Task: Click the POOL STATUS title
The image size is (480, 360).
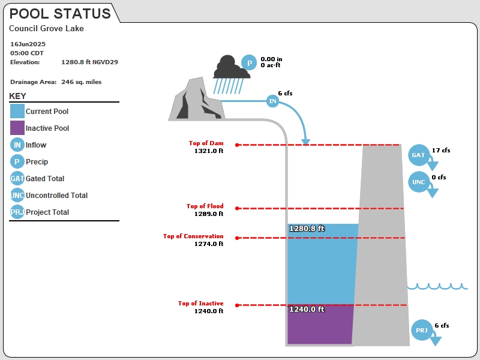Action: tap(60, 14)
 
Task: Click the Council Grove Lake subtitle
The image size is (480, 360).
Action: tap(46, 28)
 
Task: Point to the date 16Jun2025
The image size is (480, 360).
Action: tap(28, 44)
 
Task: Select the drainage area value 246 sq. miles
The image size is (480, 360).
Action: tap(82, 82)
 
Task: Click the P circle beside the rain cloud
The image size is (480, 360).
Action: tap(249, 62)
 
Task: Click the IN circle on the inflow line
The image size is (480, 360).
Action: tap(272, 101)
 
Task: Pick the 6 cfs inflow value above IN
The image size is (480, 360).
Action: tap(286, 94)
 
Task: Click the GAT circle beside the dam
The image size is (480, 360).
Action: tap(418, 155)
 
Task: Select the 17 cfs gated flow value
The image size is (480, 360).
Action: tap(441, 151)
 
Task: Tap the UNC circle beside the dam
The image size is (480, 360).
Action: tap(418, 182)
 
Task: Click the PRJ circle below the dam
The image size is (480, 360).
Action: tap(422, 330)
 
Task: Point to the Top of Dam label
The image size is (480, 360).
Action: tap(206, 143)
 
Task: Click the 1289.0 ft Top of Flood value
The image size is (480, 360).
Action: tap(209, 214)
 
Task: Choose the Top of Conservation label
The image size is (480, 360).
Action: tap(193, 236)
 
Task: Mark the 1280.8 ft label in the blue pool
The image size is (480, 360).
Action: tap(307, 229)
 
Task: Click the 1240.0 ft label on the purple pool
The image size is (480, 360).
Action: tap(307, 309)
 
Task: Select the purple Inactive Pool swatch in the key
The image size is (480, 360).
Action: tap(17, 128)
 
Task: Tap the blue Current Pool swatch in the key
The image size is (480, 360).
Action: tap(17, 111)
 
